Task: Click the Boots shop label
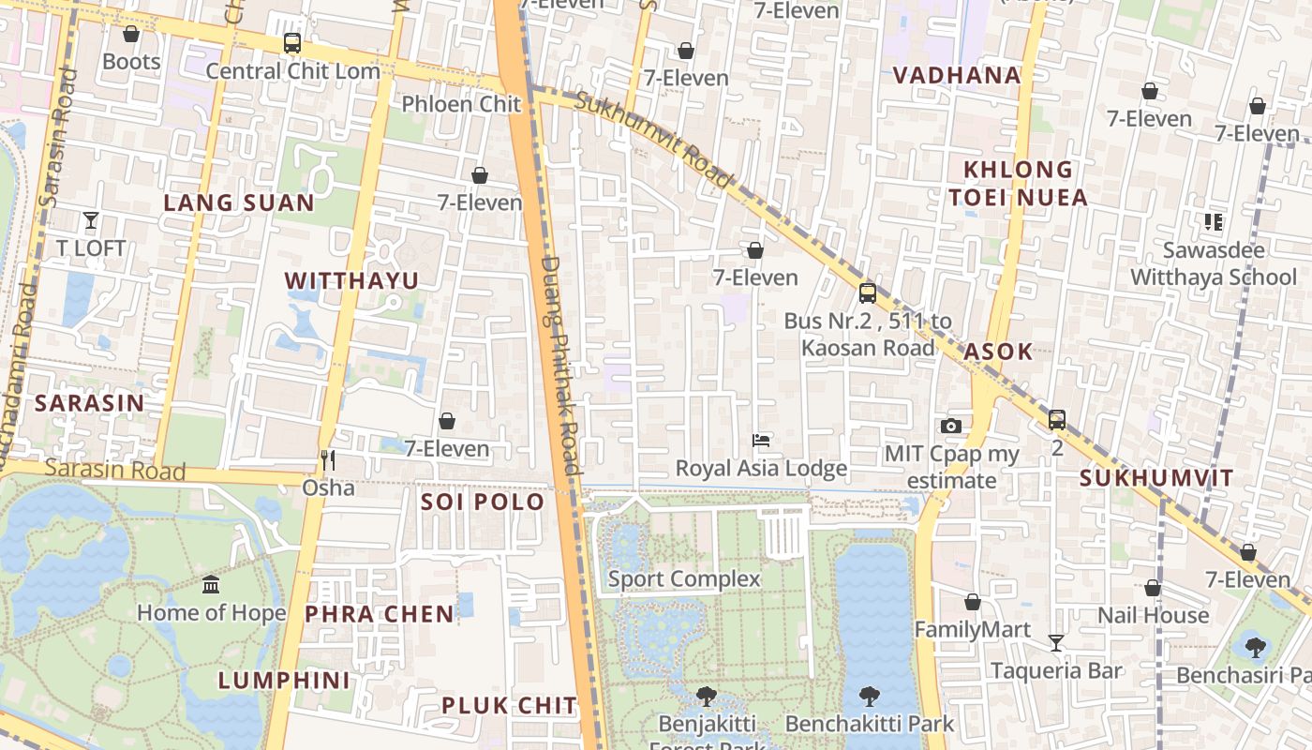(131, 62)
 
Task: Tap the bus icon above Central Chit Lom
(292, 43)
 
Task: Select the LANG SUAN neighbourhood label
(239, 203)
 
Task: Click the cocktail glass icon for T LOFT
(91, 221)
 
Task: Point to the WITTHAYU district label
(351, 281)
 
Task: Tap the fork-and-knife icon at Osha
(328, 459)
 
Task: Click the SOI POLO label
(483, 502)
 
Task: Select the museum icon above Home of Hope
(211, 584)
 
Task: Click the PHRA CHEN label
(380, 614)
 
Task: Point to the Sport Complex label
(684, 578)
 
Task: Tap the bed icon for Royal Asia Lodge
(761, 440)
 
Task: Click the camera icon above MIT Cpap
(951, 427)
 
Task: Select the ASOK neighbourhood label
(998, 352)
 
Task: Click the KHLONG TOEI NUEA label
(1018, 184)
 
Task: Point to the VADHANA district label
(956, 76)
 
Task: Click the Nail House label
(1153, 616)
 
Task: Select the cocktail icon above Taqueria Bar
(1056, 643)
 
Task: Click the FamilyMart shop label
(972, 630)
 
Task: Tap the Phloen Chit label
(461, 103)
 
